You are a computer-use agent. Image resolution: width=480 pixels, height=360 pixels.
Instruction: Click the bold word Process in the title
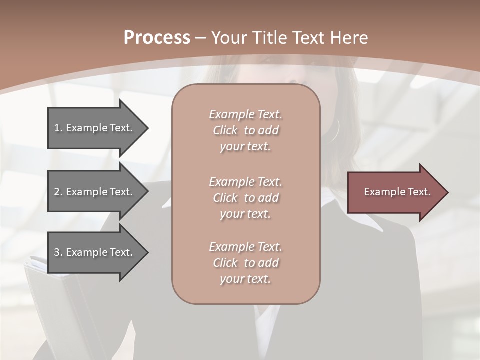point(157,38)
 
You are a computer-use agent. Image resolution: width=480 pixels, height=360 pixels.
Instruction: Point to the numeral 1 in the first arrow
point(57,128)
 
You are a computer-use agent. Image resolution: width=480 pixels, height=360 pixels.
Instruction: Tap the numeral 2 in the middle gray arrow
point(57,192)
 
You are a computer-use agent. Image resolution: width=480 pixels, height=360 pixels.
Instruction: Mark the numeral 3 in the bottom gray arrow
point(57,252)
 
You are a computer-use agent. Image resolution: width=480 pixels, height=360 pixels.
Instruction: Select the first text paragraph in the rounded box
point(245,130)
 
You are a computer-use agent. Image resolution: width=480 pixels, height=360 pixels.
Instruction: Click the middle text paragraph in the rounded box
point(245,197)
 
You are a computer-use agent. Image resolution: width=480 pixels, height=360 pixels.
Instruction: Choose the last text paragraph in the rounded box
point(245,263)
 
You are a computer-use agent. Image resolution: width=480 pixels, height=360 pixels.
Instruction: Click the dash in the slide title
point(201,38)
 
